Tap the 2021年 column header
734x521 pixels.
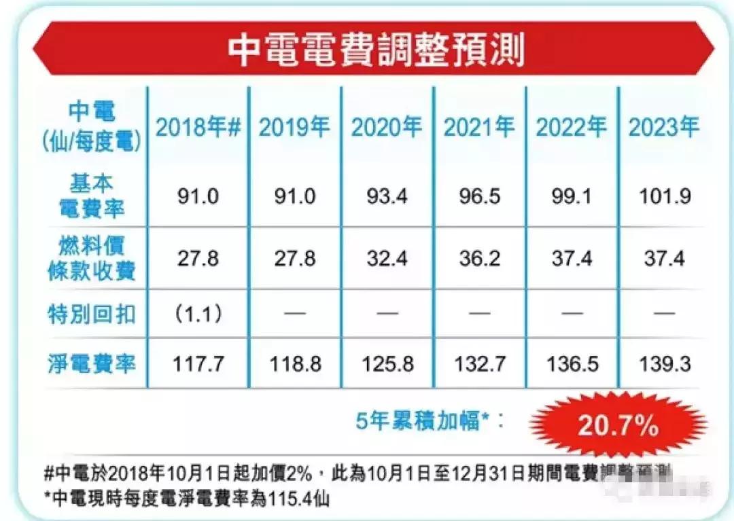point(479,127)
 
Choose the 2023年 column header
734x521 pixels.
point(663,127)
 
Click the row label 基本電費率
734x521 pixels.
point(91,196)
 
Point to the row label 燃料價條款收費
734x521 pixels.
point(91,258)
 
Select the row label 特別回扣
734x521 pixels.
point(91,313)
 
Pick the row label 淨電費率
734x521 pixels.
point(91,363)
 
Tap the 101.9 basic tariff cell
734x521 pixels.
point(663,197)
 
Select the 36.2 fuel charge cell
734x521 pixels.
point(479,258)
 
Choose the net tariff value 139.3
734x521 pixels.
point(663,363)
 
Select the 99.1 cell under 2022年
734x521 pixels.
point(571,197)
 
